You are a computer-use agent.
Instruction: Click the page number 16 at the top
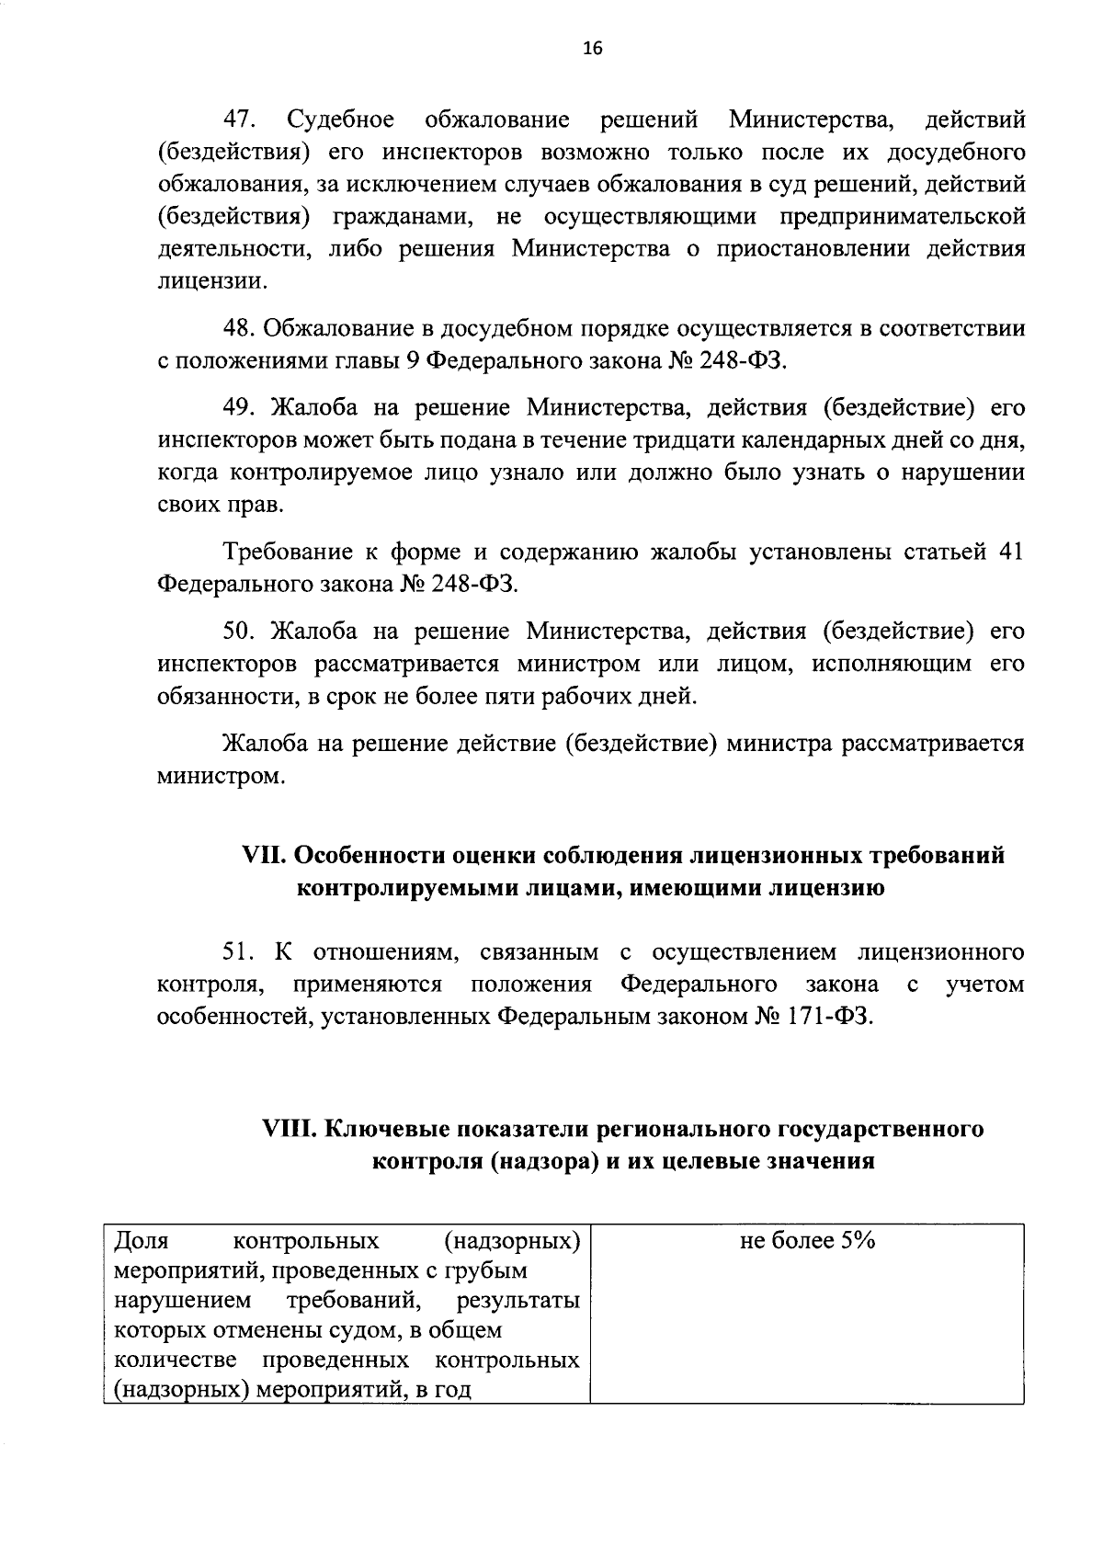591,50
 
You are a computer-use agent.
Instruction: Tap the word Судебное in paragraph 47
341,120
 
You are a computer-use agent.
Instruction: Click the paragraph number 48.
241,329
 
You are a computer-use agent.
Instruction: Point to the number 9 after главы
413,361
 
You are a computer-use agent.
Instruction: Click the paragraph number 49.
241,409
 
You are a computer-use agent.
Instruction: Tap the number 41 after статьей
1008,552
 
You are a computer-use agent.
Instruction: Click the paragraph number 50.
241,632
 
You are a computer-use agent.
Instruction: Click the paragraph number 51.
241,951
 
